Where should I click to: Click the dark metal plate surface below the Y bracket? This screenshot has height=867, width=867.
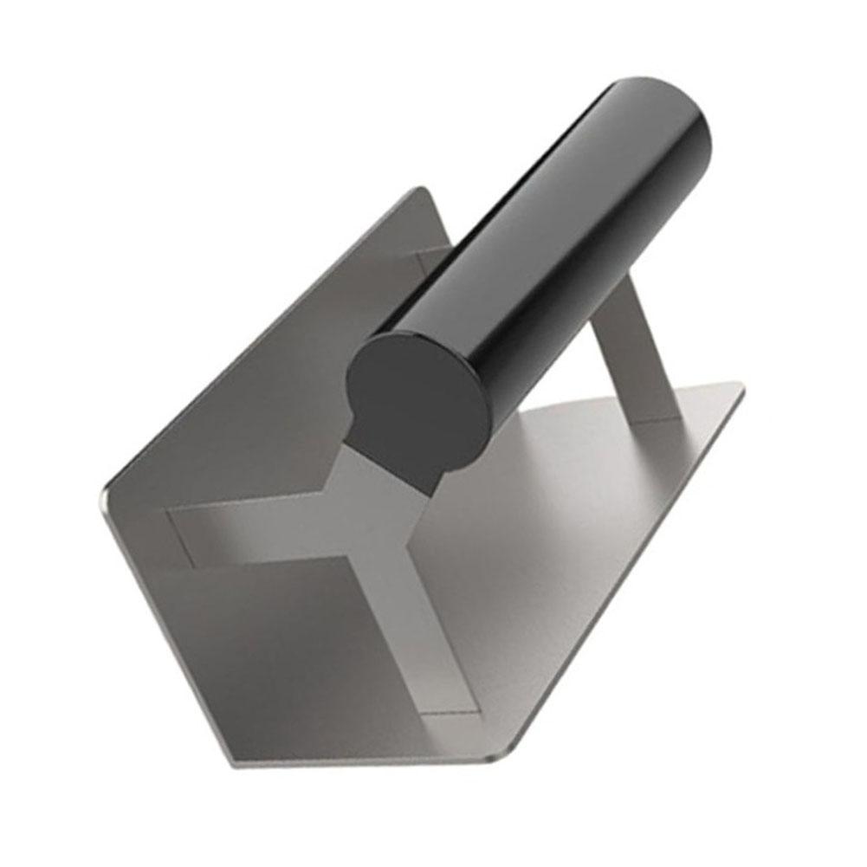tap(286, 658)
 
